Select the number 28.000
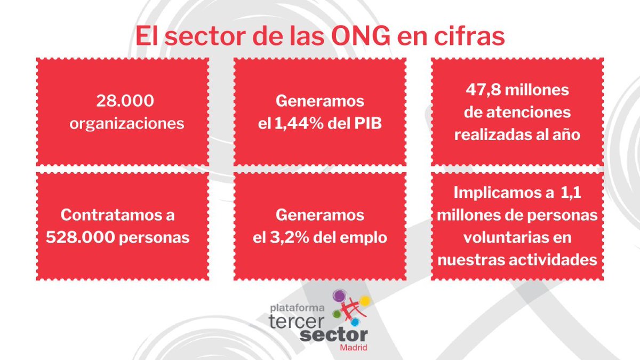point(122,101)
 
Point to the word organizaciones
point(122,123)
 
